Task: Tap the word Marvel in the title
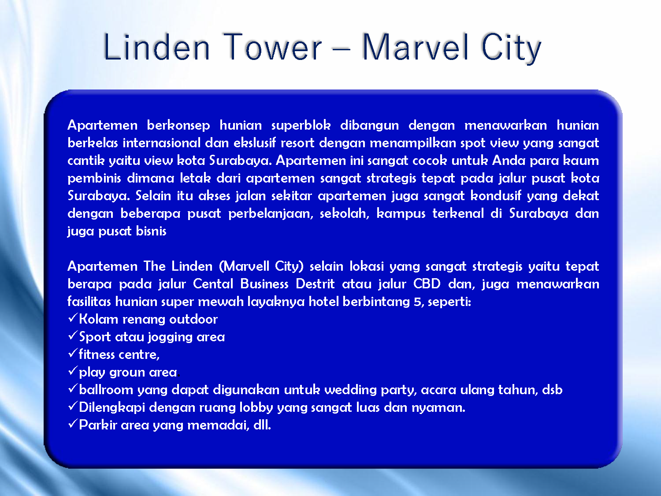click(415, 47)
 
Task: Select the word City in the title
click(511, 48)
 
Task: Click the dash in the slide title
click(342, 48)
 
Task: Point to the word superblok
click(301, 125)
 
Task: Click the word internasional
click(161, 143)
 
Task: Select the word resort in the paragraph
click(297, 143)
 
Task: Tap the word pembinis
click(94, 179)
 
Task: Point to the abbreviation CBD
click(427, 283)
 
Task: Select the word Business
click(264, 283)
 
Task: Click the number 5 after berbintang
click(417, 302)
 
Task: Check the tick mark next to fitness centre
click(73, 353)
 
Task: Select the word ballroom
click(106, 390)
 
